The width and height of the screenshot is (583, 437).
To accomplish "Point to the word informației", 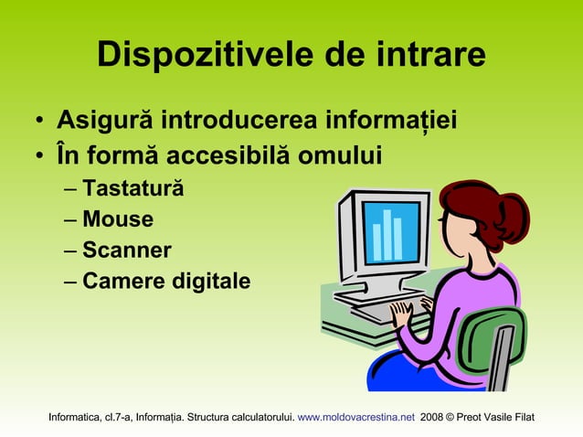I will (378, 122).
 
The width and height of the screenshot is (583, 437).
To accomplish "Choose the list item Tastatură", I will (132, 189).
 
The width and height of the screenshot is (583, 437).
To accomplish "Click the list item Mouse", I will (117, 219).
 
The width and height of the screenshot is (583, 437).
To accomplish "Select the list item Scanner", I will (126, 250).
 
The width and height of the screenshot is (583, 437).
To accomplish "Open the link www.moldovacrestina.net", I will (356, 419).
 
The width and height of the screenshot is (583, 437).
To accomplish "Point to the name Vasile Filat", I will (512, 419).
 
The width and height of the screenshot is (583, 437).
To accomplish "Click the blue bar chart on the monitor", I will (388, 234).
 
